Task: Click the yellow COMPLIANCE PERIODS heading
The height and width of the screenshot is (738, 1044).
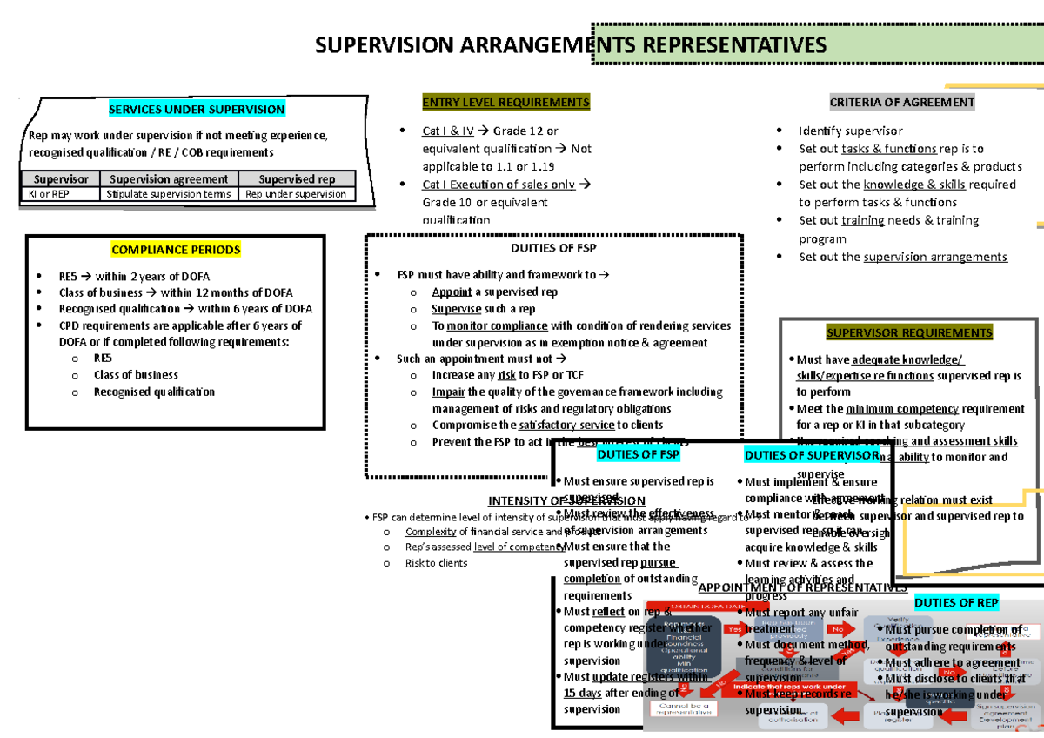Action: (x=176, y=250)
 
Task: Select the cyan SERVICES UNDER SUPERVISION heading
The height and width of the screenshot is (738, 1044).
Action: (x=196, y=110)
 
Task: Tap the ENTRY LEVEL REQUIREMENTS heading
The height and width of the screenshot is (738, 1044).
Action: (x=505, y=103)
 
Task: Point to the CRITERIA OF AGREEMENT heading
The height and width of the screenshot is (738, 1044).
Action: (x=902, y=103)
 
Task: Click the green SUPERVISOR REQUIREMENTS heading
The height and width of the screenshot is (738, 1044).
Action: (x=909, y=332)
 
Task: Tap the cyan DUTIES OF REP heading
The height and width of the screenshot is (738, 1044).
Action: (x=956, y=602)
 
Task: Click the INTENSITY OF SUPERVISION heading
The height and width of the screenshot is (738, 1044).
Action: (x=566, y=500)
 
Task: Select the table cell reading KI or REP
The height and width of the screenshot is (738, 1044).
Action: (x=49, y=194)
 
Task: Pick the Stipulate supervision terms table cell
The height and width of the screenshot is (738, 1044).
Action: (x=168, y=194)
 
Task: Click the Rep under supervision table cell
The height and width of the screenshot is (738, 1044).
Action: (x=296, y=194)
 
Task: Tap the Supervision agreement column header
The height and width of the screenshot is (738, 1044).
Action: (x=168, y=179)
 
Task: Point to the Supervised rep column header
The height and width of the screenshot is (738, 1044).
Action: (x=296, y=179)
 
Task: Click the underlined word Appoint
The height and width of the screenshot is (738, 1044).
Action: (x=452, y=292)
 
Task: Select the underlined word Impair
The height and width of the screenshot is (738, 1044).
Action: (x=448, y=392)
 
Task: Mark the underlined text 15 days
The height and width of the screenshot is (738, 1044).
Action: (x=582, y=693)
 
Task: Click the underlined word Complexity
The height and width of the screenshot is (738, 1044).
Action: (x=431, y=532)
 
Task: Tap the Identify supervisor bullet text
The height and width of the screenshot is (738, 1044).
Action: (x=838, y=131)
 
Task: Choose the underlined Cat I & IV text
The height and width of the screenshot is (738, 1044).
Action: (x=448, y=131)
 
